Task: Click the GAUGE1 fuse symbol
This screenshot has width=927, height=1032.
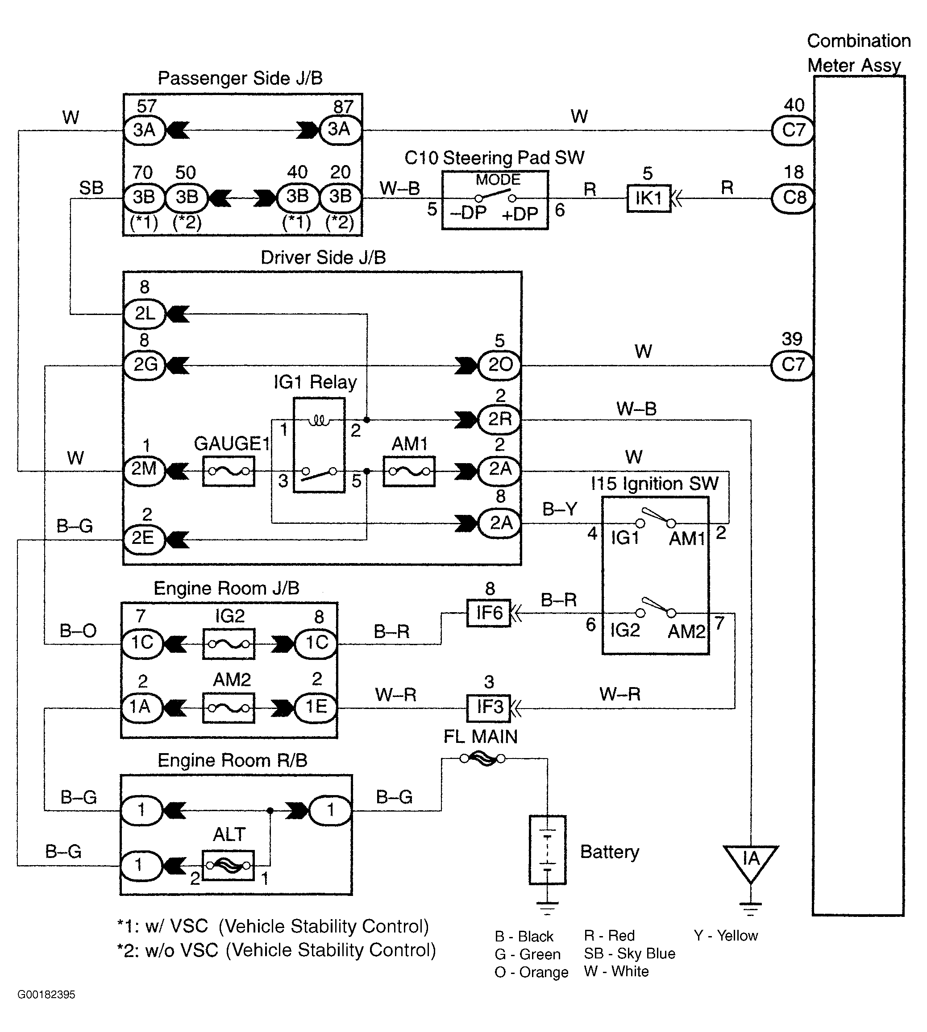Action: pos(229,472)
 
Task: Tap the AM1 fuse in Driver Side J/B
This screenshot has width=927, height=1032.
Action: pos(409,472)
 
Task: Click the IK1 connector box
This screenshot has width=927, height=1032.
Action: pos(648,198)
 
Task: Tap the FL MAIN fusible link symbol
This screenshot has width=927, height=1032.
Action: pos(482,758)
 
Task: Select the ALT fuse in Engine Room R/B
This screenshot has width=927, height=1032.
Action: pos(228,866)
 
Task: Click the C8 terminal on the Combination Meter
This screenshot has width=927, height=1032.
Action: pos(793,198)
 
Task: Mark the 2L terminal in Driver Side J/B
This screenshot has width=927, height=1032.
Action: pos(145,314)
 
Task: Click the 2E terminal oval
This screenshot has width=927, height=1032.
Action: pos(145,539)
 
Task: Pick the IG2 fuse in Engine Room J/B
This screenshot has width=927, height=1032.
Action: pos(229,644)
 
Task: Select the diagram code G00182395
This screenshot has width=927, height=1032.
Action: pos(46,995)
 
